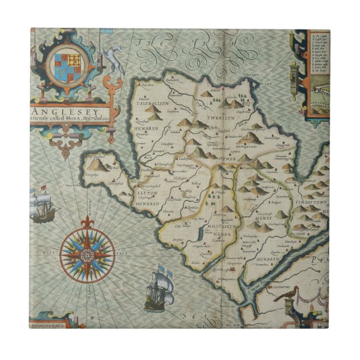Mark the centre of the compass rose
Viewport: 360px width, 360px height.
tap(87, 255)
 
